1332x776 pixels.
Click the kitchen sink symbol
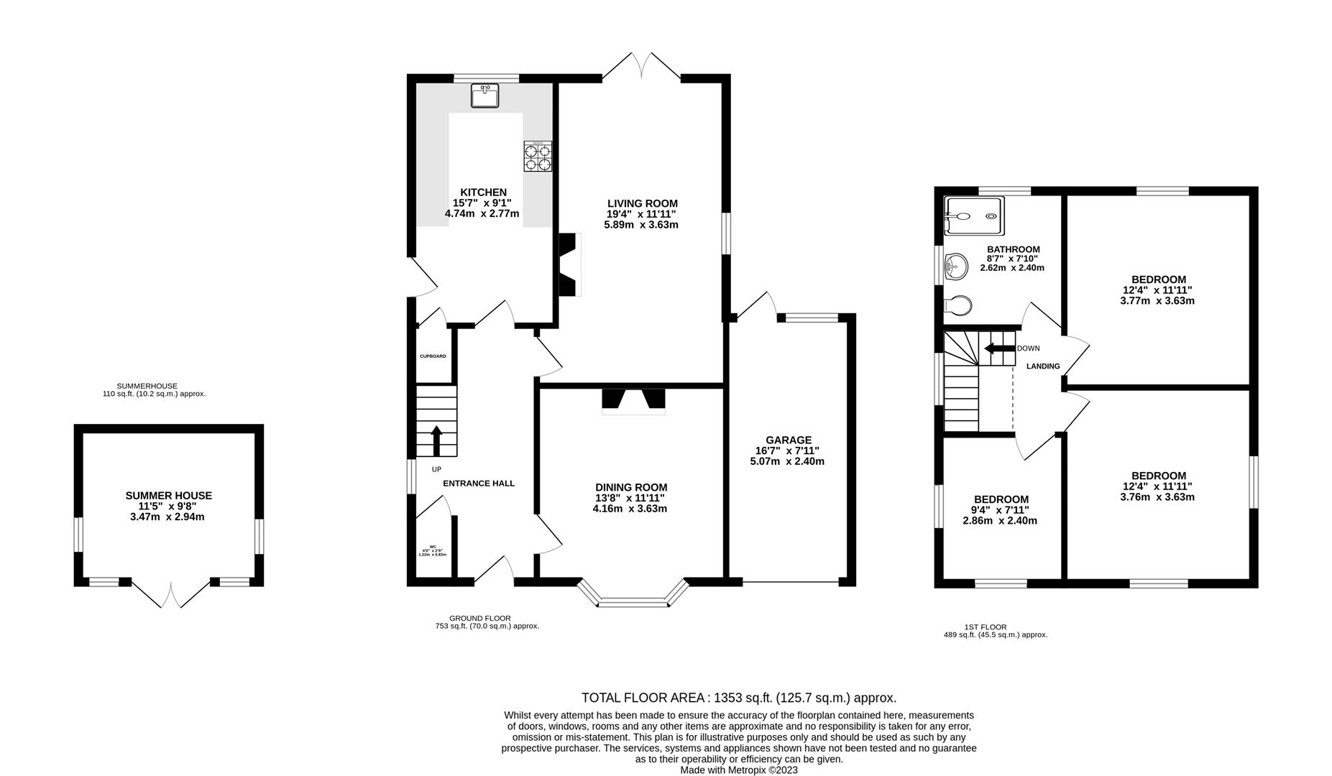point(484,96)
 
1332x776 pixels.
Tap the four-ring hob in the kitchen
point(538,157)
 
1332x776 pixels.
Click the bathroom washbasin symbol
point(955,268)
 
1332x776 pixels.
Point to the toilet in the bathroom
point(957,305)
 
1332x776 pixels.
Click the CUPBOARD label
point(433,356)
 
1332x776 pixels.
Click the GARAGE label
point(788,440)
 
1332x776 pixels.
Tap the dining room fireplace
point(633,400)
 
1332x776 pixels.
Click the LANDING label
point(1042,366)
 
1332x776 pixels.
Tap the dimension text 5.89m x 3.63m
point(641,224)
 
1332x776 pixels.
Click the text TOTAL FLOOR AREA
point(644,698)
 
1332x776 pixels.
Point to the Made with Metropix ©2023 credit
point(739,770)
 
